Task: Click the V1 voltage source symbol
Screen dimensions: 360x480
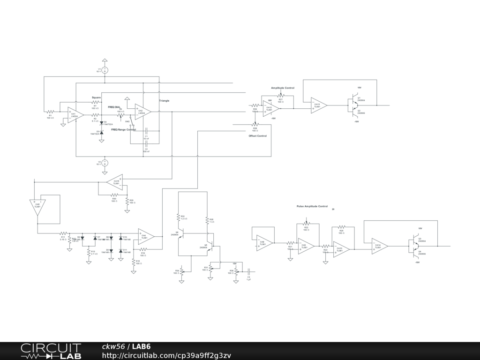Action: coord(105,70)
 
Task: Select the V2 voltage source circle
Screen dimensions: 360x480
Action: coord(105,163)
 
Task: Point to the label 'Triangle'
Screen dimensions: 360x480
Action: coord(164,101)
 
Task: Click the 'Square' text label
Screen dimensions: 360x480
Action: coord(97,97)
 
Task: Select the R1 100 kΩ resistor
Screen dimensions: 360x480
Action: coord(50,112)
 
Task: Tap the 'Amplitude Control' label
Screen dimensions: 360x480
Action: coord(283,88)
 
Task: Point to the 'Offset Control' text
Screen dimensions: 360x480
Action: coord(257,136)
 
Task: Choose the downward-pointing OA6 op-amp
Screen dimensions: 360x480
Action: coord(37,206)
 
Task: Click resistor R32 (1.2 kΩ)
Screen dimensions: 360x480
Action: coord(178,217)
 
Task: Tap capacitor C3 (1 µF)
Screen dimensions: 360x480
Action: coord(248,271)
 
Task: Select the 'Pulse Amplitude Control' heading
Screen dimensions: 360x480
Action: coord(312,206)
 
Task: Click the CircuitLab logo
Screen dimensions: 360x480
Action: coord(51,351)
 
